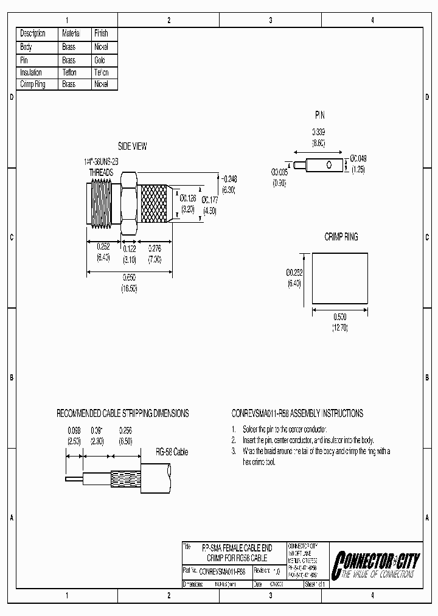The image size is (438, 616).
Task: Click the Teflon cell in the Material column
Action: tap(69, 72)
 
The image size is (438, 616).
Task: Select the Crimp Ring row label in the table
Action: tap(33, 85)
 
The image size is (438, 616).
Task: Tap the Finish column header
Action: tap(101, 33)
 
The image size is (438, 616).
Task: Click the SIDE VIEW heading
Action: tap(132, 147)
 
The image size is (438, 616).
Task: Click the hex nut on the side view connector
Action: tap(129, 203)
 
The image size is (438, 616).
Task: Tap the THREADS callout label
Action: tap(101, 172)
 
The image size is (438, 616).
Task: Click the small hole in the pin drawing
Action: tap(329, 165)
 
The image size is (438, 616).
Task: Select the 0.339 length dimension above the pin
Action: tap(319, 132)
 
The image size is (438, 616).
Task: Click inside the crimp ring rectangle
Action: tap(340, 278)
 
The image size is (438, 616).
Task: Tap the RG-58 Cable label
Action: tap(172, 452)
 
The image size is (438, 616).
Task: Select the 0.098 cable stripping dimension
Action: tap(73, 430)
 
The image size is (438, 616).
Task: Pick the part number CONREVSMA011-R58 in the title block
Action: tap(223, 572)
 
